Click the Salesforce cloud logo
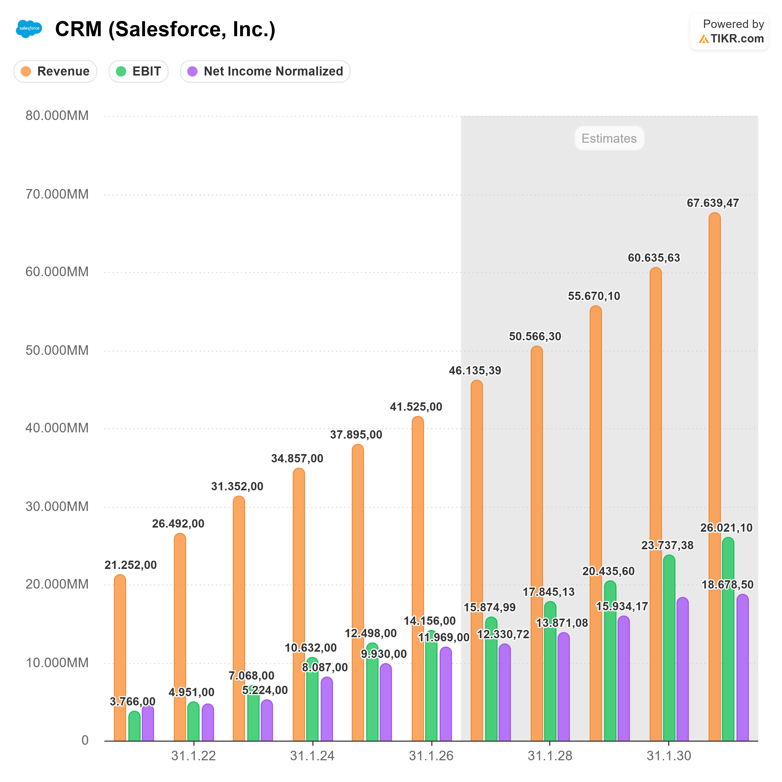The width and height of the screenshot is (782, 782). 29,29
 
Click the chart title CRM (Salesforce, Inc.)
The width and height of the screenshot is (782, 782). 165,29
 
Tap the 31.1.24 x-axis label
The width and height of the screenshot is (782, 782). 312,756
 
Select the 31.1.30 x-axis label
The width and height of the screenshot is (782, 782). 669,756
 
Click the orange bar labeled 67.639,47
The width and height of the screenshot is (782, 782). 715,445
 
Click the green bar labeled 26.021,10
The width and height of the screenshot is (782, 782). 728,648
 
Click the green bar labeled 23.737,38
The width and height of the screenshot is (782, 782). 669,656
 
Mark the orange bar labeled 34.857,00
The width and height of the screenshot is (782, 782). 299,607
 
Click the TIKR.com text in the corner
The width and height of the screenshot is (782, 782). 737,39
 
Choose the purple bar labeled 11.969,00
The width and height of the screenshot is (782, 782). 446,696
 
